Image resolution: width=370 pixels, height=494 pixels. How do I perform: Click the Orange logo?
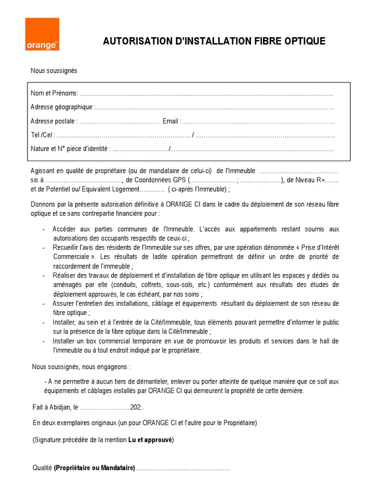point(42,34)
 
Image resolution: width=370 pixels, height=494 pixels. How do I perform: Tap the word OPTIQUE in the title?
point(304,41)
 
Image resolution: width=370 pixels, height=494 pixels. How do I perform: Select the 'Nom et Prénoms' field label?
point(53,94)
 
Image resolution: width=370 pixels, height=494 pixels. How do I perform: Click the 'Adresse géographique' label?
point(61,107)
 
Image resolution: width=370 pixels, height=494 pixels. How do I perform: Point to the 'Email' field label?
point(171,121)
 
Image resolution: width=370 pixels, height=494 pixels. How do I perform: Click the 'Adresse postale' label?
point(53,121)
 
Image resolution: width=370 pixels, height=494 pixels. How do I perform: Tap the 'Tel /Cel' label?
point(42,135)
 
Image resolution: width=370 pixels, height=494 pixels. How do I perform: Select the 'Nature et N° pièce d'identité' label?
point(70,149)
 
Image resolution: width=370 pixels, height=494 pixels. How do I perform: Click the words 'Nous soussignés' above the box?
point(54,71)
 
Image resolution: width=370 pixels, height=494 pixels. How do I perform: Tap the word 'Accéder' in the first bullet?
point(65,229)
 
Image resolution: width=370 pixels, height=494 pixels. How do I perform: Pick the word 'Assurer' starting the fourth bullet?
point(64,303)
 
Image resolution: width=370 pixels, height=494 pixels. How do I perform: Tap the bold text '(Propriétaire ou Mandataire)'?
point(94,468)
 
